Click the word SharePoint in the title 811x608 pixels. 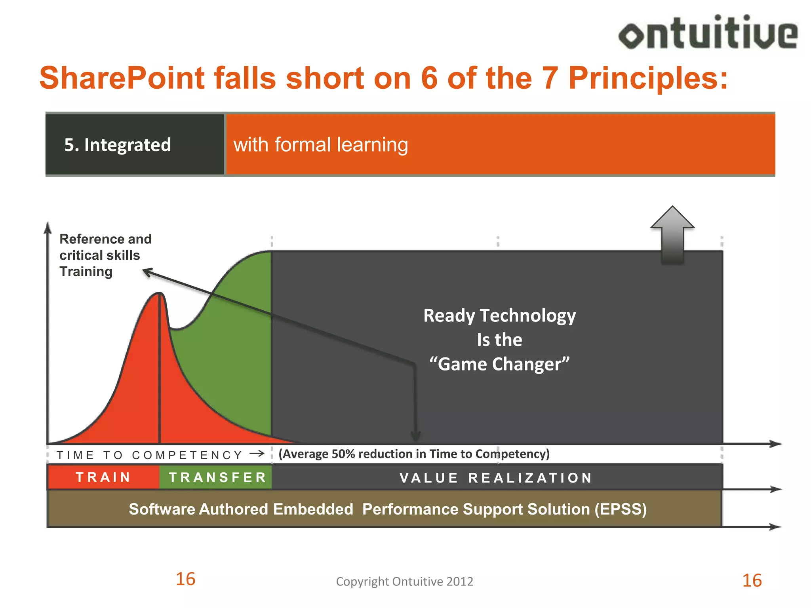[x=122, y=78]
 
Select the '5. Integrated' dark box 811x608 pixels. [x=135, y=144]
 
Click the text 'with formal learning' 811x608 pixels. [x=320, y=144]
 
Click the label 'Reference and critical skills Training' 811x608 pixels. [x=105, y=255]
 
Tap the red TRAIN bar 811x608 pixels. [x=103, y=477]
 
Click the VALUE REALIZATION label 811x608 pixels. [x=496, y=478]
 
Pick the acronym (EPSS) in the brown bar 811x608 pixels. [x=621, y=509]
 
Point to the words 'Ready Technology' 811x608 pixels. [x=499, y=316]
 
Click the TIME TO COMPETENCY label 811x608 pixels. [x=150, y=455]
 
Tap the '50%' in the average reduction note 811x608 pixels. [x=343, y=454]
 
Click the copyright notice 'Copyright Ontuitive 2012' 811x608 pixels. [x=404, y=581]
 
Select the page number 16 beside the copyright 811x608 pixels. [x=185, y=579]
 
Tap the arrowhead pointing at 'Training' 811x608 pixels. [x=147, y=272]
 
